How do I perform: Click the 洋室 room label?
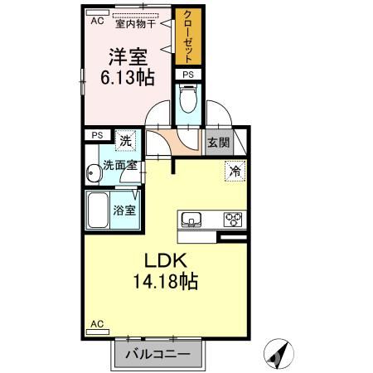[128, 57]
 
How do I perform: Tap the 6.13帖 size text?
[128, 78]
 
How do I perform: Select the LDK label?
[166, 260]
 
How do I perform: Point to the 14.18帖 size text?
[166, 282]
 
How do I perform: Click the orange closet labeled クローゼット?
[188, 37]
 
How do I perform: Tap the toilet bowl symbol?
[188, 99]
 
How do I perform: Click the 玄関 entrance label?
[219, 143]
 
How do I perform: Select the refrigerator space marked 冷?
[235, 172]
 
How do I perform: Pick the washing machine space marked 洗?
[126, 141]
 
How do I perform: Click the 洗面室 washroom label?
[120, 165]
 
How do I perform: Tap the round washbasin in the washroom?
[94, 173]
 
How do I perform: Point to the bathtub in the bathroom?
[98, 210]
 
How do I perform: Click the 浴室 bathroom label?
[124, 211]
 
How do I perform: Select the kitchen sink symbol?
[191, 220]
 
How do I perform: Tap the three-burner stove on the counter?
[233, 220]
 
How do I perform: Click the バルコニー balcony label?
[158, 354]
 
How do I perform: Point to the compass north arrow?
[279, 354]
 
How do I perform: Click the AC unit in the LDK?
[98, 332]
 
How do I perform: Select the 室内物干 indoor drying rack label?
[136, 24]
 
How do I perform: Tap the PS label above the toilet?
[188, 75]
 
